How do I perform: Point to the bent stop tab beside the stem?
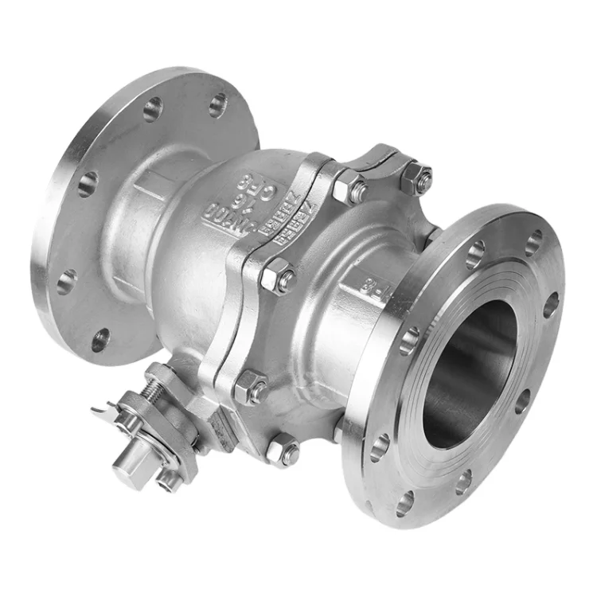pos(102,411)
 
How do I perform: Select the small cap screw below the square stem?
pos(169,479)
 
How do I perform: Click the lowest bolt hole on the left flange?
pos(100,340)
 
